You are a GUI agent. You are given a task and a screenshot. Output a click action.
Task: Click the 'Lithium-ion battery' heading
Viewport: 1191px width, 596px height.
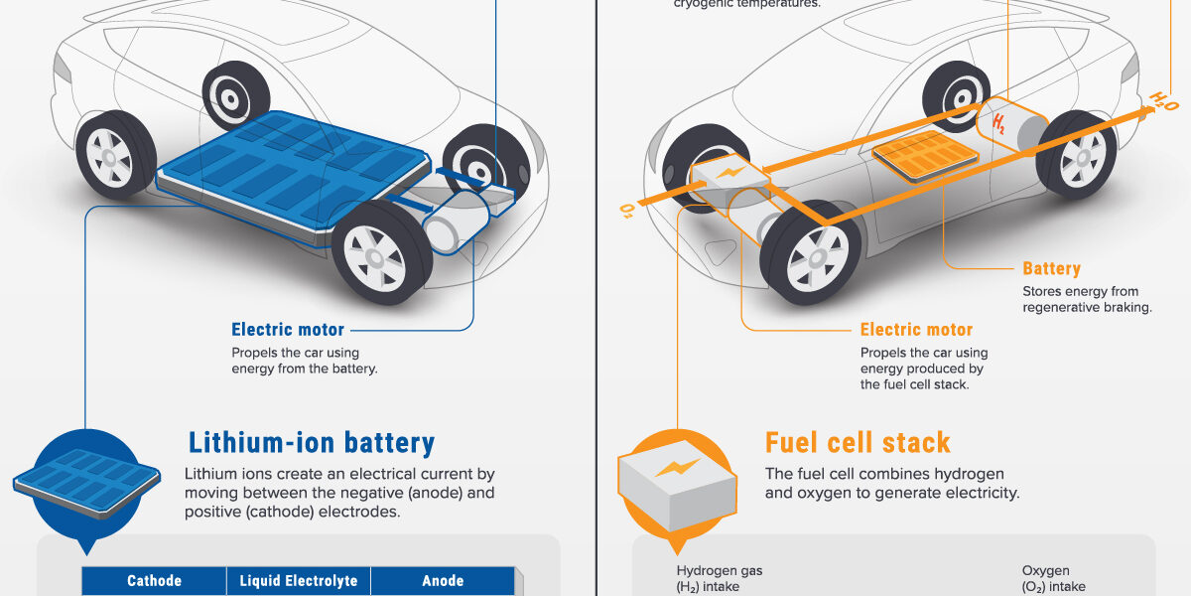[312, 442]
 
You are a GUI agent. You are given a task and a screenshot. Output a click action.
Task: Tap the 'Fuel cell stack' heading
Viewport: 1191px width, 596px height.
[858, 442]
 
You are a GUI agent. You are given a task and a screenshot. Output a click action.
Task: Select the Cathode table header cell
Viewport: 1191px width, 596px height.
[154, 581]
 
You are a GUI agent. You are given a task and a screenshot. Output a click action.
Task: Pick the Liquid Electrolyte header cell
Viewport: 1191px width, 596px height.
[299, 581]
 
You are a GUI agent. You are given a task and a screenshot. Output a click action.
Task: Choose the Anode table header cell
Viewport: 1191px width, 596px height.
[443, 581]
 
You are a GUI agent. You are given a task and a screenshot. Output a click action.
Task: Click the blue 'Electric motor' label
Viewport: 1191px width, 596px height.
[288, 330]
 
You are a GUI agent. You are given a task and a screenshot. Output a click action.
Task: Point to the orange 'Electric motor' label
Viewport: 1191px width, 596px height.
[916, 330]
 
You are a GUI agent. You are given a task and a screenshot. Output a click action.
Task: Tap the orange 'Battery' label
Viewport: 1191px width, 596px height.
[1051, 268]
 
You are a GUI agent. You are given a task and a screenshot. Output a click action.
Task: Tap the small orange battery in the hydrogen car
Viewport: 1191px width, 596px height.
[924, 153]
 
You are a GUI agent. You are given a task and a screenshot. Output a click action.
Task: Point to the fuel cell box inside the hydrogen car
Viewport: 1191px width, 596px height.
[730, 177]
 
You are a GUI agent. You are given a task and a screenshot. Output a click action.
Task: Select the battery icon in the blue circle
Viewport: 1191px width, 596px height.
[87, 480]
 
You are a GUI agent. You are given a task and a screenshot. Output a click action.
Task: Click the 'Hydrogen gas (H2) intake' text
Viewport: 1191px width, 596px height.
[720, 578]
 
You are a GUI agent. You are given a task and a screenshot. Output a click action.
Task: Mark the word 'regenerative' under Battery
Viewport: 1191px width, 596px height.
[1063, 308]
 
